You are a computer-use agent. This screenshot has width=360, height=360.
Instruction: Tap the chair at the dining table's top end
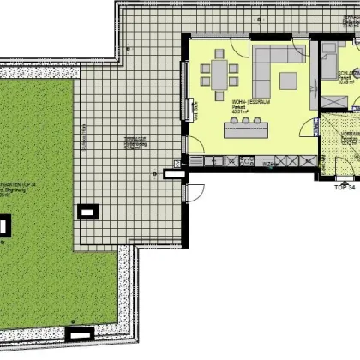tap(220, 54)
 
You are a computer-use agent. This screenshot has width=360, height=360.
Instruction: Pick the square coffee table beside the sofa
tap(288, 81)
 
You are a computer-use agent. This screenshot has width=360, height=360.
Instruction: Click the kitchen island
tap(246, 129)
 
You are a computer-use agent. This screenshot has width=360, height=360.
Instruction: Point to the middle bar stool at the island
tap(246, 119)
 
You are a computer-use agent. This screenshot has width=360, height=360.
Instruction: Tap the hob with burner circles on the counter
tap(248, 160)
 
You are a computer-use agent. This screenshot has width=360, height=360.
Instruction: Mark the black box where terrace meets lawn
tap(88, 210)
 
